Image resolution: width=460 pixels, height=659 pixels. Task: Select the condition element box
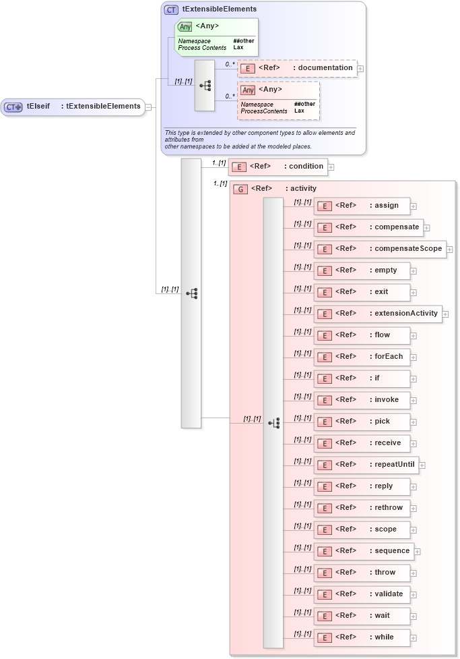277,167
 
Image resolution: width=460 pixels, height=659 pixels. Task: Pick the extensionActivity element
377,314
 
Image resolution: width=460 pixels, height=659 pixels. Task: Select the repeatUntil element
366,465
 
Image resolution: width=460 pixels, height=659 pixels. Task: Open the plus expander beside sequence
418,551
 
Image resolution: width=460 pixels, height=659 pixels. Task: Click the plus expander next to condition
331,167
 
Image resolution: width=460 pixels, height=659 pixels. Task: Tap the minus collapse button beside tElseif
148,107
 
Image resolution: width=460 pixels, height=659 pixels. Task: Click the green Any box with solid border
216,36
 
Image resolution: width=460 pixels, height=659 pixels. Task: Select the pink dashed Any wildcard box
277,101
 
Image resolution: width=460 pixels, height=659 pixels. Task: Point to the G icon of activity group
240,189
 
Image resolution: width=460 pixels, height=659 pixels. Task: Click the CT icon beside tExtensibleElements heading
172,9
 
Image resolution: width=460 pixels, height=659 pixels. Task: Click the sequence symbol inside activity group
273,423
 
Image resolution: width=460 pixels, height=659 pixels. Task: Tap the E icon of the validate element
324,594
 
